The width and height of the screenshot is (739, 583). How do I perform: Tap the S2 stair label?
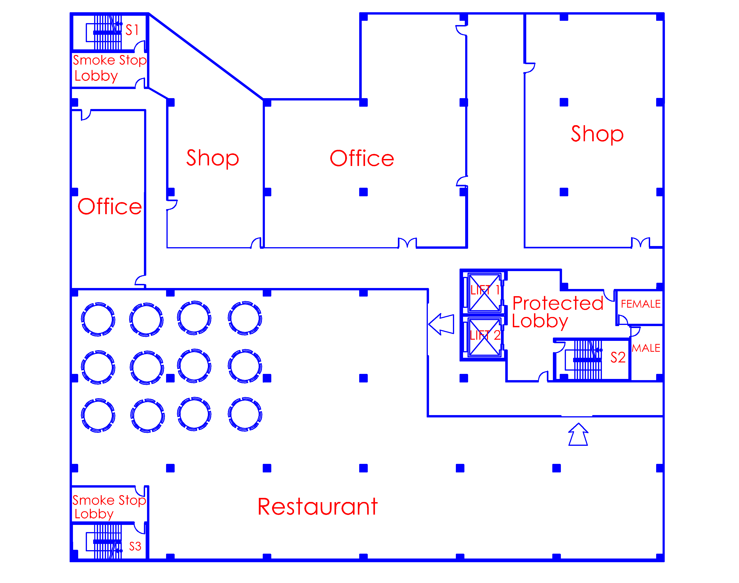pos(618,357)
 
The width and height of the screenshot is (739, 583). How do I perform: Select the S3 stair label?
pos(135,546)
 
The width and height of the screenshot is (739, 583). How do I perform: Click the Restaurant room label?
pos(318,507)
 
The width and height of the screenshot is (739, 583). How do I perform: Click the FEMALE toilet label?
pos(641,304)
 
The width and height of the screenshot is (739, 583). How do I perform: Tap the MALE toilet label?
pos(646,348)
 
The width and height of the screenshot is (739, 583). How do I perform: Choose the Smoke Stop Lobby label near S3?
pos(109,507)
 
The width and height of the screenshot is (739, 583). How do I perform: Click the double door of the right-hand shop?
pos(641,242)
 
